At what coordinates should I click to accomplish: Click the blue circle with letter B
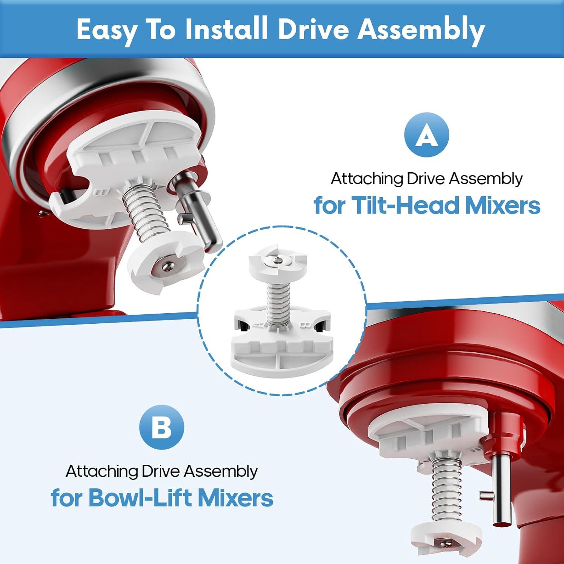tap(162, 428)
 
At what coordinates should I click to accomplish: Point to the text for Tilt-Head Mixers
tap(427, 205)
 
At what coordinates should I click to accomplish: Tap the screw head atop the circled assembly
tap(277, 260)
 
